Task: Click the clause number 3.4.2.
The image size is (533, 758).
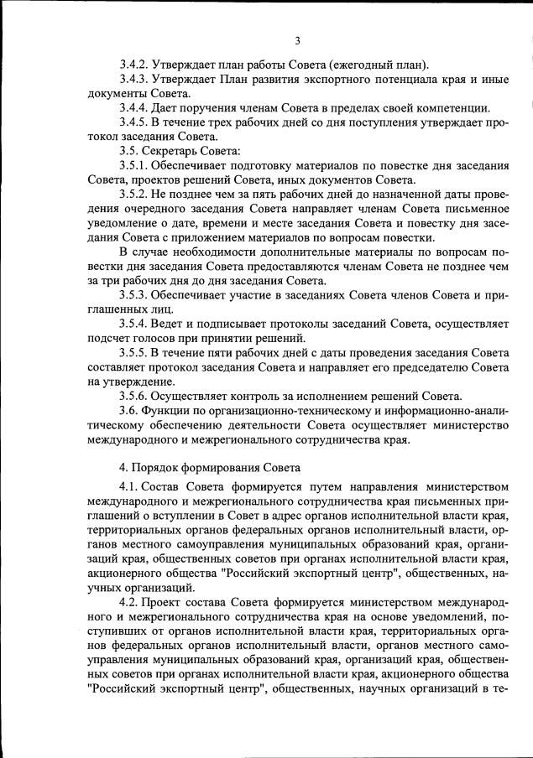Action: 134,65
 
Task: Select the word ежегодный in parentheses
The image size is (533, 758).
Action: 370,65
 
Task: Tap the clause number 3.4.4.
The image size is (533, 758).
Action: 134,107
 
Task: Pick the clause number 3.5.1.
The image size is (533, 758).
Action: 134,165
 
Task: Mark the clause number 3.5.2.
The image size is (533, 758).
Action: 134,195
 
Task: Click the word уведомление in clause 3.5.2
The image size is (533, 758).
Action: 125,223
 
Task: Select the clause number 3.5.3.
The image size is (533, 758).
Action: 134,295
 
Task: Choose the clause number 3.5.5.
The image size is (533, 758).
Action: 134,353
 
